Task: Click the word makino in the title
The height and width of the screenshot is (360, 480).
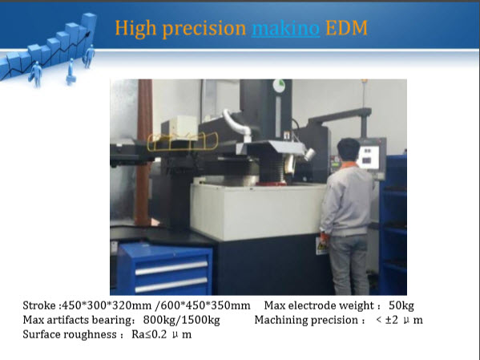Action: [x=285, y=28]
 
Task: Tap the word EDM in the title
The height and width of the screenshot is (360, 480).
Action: [x=346, y=28]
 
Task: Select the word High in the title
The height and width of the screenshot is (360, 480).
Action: [x=135, y=29]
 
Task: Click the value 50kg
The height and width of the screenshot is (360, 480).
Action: [x=401, y=305]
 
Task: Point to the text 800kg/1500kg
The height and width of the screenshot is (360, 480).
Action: [x=182, y=320]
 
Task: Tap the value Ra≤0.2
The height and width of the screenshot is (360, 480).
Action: [x=149, y=334]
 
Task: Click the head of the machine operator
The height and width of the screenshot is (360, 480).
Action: [x=349, y=150]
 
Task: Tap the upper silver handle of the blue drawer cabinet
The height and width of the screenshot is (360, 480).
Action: [x=171, y=268]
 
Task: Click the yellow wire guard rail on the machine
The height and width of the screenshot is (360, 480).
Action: [x=183, y=142]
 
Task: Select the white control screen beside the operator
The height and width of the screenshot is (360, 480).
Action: [x=369, y=157]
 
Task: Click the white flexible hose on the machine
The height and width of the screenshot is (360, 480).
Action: [x=236, y=123]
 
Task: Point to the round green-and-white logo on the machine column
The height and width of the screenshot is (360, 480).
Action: [x=279, y=86]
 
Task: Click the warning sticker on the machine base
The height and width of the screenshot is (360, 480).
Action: [x=320, y=245]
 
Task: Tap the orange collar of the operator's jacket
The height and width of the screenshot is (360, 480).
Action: [x=349, y=165]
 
